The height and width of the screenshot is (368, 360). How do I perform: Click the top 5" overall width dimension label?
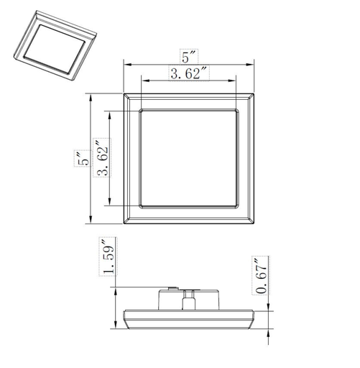click(189, 56)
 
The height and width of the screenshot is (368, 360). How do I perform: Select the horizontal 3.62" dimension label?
click(189, 73)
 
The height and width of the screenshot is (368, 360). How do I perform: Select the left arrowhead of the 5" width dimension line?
click(127, 64)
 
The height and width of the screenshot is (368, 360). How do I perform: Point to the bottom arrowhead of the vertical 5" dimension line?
click(91, 221)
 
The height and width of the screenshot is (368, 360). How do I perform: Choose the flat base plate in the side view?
click(189, 318)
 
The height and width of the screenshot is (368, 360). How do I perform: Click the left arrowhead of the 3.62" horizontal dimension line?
click(142, 80)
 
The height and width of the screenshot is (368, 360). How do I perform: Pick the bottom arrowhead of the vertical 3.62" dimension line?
click(109, 203)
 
